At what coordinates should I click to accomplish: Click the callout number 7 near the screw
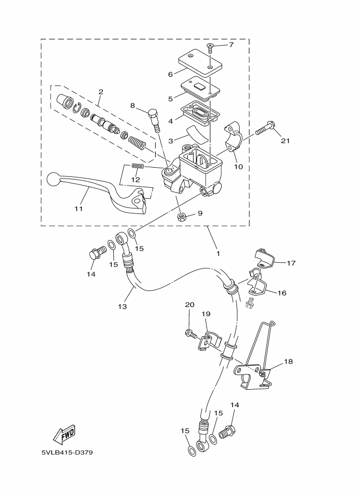231,45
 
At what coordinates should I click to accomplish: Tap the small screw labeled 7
210,48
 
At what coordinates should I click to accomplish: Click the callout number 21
285,140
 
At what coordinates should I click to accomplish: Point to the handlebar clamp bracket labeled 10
233,136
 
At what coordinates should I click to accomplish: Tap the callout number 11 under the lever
78,208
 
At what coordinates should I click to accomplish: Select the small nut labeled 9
181,217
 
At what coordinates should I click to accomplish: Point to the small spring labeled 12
138,166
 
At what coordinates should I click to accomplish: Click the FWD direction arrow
64,434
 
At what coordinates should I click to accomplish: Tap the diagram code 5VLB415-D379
67,452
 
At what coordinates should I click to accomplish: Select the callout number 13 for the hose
123,306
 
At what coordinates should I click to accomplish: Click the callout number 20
190,305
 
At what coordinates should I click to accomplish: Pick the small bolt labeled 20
190,334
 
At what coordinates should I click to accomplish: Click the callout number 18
288,361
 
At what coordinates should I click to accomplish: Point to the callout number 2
101,92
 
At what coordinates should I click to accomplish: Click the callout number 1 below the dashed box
218,254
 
